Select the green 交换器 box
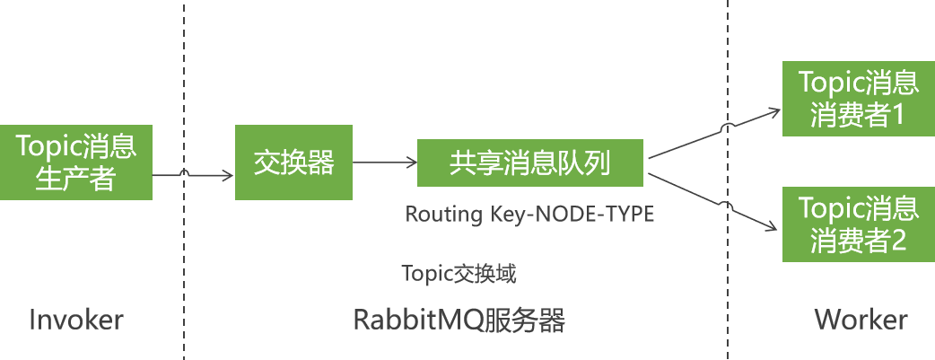[293, 162]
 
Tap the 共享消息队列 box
[529, 163]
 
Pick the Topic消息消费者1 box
[858, 100]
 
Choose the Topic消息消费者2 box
[858, 225]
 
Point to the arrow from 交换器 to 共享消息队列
[384, 162]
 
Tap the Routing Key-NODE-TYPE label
[529, 215]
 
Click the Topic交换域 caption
[459, 273]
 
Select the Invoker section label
[75, 320]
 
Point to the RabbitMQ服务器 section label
[459, 320]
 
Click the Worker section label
[861, 320]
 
